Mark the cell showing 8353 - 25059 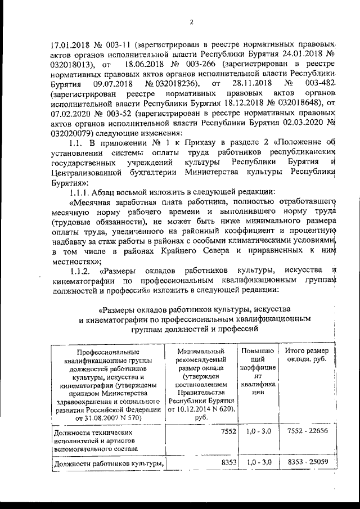pyautogui.click(x=307, y=462)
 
